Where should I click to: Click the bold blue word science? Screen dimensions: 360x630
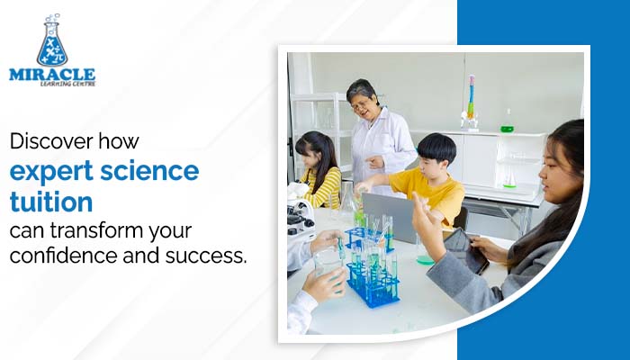pyautogui.click(x=153, y=171)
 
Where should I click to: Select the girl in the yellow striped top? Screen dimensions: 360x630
pyautogui.click(x=320, y=171)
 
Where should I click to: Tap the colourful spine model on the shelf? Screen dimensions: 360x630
pyautogui.click(x=471, y=99)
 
